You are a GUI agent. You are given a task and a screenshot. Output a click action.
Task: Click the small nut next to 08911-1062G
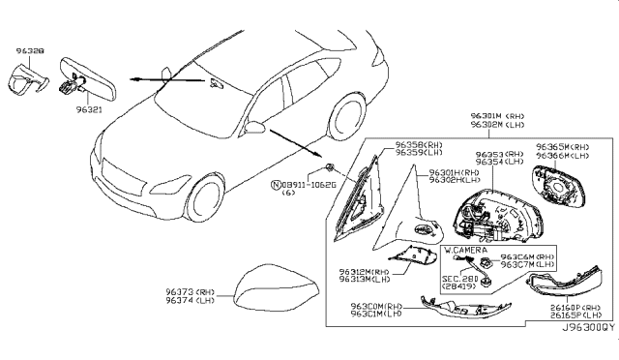pos(330,158)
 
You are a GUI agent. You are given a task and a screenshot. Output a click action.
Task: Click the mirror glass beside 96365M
pos(560,192)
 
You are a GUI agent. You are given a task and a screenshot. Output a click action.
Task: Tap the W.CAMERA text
pos(466,250)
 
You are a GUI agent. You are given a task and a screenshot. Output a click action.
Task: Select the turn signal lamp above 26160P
pos(562,285)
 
